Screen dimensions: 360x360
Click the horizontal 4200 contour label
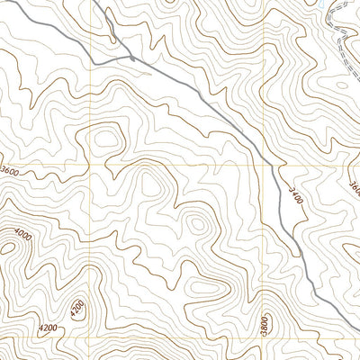point(51,330)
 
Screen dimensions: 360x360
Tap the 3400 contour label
point(294,195)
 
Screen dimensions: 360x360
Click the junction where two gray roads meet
point(132,58)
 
